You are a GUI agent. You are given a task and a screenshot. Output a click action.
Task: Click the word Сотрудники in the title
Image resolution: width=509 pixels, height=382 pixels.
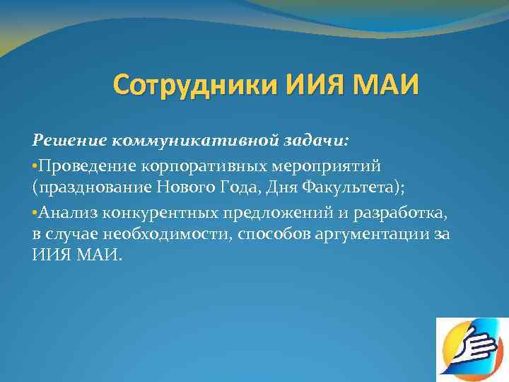196,88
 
